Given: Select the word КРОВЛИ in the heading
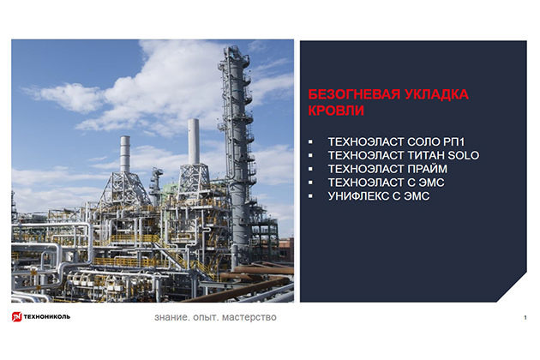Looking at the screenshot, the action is click(336, 111).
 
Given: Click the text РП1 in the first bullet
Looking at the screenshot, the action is click(454, 142).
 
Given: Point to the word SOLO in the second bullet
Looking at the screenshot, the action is click(464, 155).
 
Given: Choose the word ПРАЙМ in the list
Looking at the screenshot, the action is click(428, 169).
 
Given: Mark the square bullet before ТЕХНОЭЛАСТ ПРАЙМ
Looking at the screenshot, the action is click(310, 169).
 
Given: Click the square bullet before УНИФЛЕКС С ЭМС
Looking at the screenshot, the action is click(310, 196).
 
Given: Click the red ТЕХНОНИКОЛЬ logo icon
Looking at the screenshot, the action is click(16, 316).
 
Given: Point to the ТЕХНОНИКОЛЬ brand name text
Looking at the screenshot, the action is click(47, 316).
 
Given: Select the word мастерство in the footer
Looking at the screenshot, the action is click(249, 317).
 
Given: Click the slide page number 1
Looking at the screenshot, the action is click(525, 318).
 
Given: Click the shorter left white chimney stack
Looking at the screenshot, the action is click(125, 154).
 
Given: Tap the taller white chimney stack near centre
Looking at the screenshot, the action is click(194, 141).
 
